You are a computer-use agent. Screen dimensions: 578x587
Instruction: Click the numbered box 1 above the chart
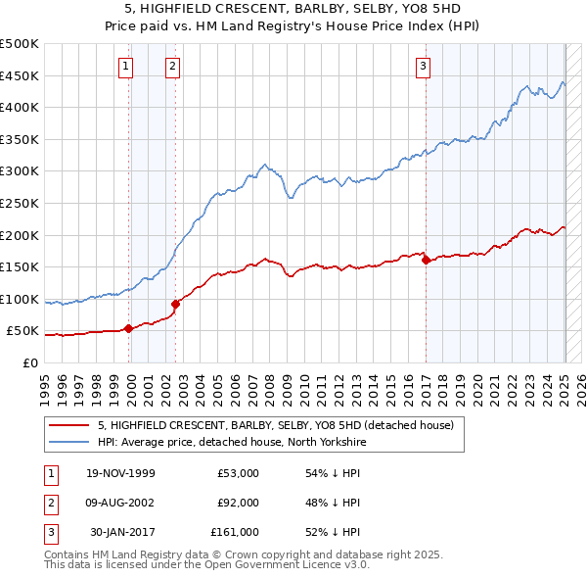[126, 67]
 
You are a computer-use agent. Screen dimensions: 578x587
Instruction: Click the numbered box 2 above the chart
[172, 67]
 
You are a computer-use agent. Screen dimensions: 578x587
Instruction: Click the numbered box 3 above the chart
[423, 67]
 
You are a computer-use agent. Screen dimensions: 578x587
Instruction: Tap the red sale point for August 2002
[175, 304]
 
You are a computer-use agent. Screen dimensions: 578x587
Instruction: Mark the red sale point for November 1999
[129, 328]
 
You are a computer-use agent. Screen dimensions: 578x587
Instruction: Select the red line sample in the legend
[68, 426]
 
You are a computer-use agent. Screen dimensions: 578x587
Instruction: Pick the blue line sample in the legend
[68, 441]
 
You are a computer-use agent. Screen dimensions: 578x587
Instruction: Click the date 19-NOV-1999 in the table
[120, 473]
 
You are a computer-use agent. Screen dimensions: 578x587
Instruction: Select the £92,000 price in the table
[238, 503]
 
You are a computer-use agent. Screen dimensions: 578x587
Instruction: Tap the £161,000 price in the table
[235, 532]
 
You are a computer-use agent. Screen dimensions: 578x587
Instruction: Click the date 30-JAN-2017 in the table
[122, 532]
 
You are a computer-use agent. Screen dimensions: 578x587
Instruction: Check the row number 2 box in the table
[48, 503]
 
